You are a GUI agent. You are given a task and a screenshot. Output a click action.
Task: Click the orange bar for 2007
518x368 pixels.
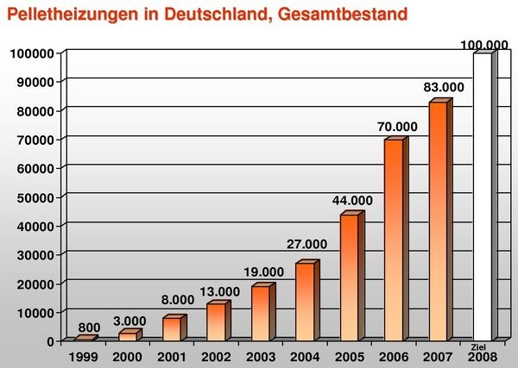(x=438, y=221)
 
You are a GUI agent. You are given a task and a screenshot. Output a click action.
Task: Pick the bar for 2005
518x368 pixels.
(x=348, y=277)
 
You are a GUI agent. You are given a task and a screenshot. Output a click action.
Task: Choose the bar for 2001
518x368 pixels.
(x=171, y=328)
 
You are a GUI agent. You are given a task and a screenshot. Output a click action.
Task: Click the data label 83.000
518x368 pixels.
(x=443, y=87)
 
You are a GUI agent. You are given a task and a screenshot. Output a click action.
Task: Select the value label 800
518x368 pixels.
(x=89, y=327)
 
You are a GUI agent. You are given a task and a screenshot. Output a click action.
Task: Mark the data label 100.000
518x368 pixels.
(x=486, y=44)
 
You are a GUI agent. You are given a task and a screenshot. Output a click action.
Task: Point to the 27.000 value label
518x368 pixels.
(x=306, y=244)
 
